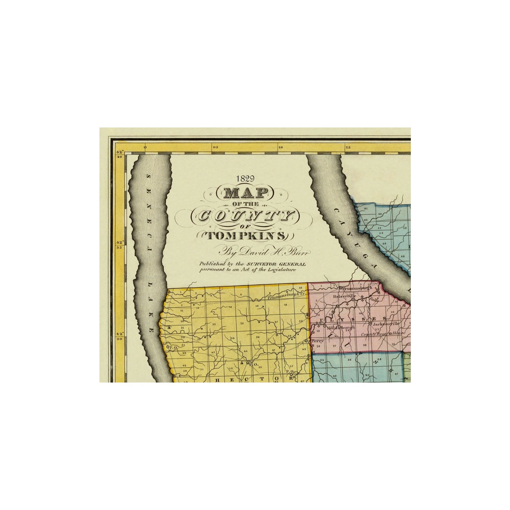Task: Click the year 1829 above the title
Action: (245, 178)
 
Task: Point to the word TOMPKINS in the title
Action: (245, 236)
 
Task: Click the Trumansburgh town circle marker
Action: (340, 288)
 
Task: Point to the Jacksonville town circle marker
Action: (370, 323)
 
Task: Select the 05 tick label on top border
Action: (215, 147)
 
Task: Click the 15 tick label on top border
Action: (348, 147)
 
